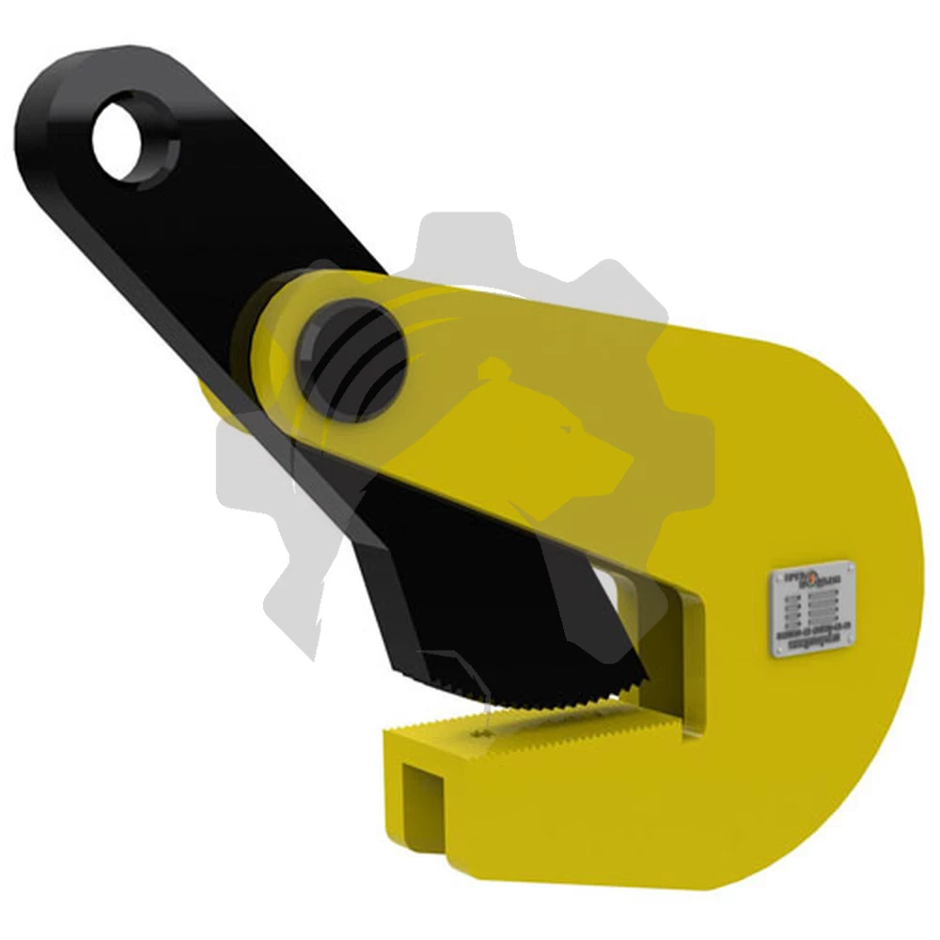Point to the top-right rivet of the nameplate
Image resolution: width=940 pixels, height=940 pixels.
(850, 567)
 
